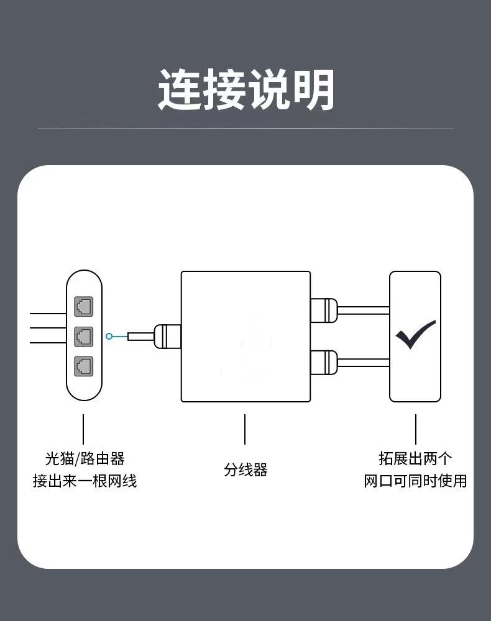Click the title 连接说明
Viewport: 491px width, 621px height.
(x=245, y=90)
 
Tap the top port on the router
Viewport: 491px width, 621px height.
(x=84, y=306)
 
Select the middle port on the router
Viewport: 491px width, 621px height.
(x=84, y=336)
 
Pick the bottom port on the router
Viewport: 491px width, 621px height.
(x=84, y=366)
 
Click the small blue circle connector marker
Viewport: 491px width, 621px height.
(x=109, y=336)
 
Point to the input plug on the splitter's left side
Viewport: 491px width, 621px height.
(x=166, y=336)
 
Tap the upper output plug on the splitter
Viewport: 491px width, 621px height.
(x=324, y=309)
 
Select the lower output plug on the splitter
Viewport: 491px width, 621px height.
(x=324, y=361)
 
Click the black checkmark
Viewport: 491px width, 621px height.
(x=415, y=335)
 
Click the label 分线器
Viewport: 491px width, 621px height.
(x=245, y=469)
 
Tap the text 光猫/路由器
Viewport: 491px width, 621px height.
(x=85, y=458)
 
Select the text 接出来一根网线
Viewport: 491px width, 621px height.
(x=85, y=481)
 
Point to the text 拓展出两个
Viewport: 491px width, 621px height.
(x=415, y=458)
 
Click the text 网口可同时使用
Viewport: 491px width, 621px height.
(x=415, y=481)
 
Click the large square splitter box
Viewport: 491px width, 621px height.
(x=245, y=336)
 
